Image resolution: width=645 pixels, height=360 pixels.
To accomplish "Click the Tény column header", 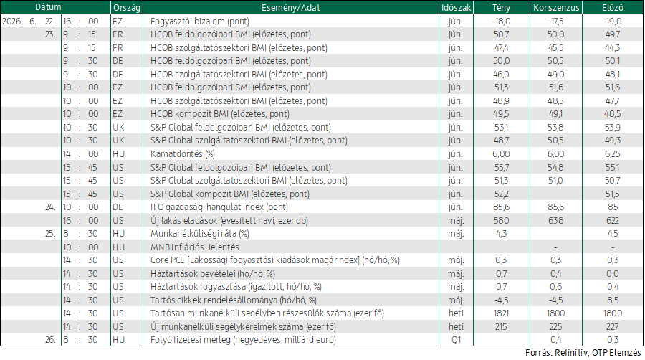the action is click(x=501, y=7).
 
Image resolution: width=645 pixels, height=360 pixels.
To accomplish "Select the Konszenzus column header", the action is click(x=556, y=7).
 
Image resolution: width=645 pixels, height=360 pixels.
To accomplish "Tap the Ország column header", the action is click(x=127, y=7).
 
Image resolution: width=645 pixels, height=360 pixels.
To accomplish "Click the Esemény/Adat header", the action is click(x=291, y=7).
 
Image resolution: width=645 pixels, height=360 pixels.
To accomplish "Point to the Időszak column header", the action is click(x=456, y=7).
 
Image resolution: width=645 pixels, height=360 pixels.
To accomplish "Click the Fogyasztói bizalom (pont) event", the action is click(x=200, y=22).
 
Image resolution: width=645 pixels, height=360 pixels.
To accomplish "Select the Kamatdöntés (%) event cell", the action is click(x=183, y=154).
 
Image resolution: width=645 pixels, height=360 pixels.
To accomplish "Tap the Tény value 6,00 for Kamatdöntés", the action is click(x=501, y=154).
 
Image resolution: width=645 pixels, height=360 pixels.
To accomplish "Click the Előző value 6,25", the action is click(x=613, y=154).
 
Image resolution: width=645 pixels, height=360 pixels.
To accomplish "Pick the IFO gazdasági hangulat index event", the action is click(x=219, y=207).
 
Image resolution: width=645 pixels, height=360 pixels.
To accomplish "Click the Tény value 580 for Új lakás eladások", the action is click(x=501, y=221).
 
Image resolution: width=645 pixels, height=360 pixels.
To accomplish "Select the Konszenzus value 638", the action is click(x=555, y=221).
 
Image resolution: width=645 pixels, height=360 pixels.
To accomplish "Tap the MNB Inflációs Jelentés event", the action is click(x=194, y=247).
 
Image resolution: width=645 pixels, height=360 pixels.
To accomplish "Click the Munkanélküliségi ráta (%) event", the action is click(x=200, y=234).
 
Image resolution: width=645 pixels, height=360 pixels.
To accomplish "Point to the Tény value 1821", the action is click(x=501, y=313).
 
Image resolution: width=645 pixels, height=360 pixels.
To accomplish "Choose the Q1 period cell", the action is click(x=456, y=340).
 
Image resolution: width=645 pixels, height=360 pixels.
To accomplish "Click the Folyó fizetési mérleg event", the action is click(x=243, y=340).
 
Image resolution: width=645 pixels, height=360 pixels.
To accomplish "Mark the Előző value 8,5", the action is click(x=613, y=300).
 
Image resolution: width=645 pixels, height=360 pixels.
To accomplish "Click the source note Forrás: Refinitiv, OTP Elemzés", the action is click(x=583, y=353).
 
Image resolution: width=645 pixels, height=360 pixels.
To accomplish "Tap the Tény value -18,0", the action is click(x=501, y=22).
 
